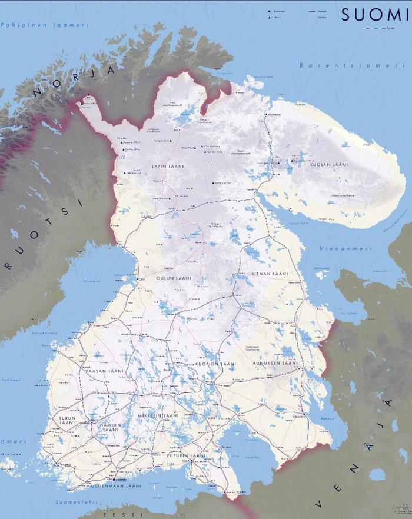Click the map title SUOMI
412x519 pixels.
tap(374, 15)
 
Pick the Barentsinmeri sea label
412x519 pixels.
tap(344, 65)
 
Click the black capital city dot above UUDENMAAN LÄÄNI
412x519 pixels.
tap(115, 479)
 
